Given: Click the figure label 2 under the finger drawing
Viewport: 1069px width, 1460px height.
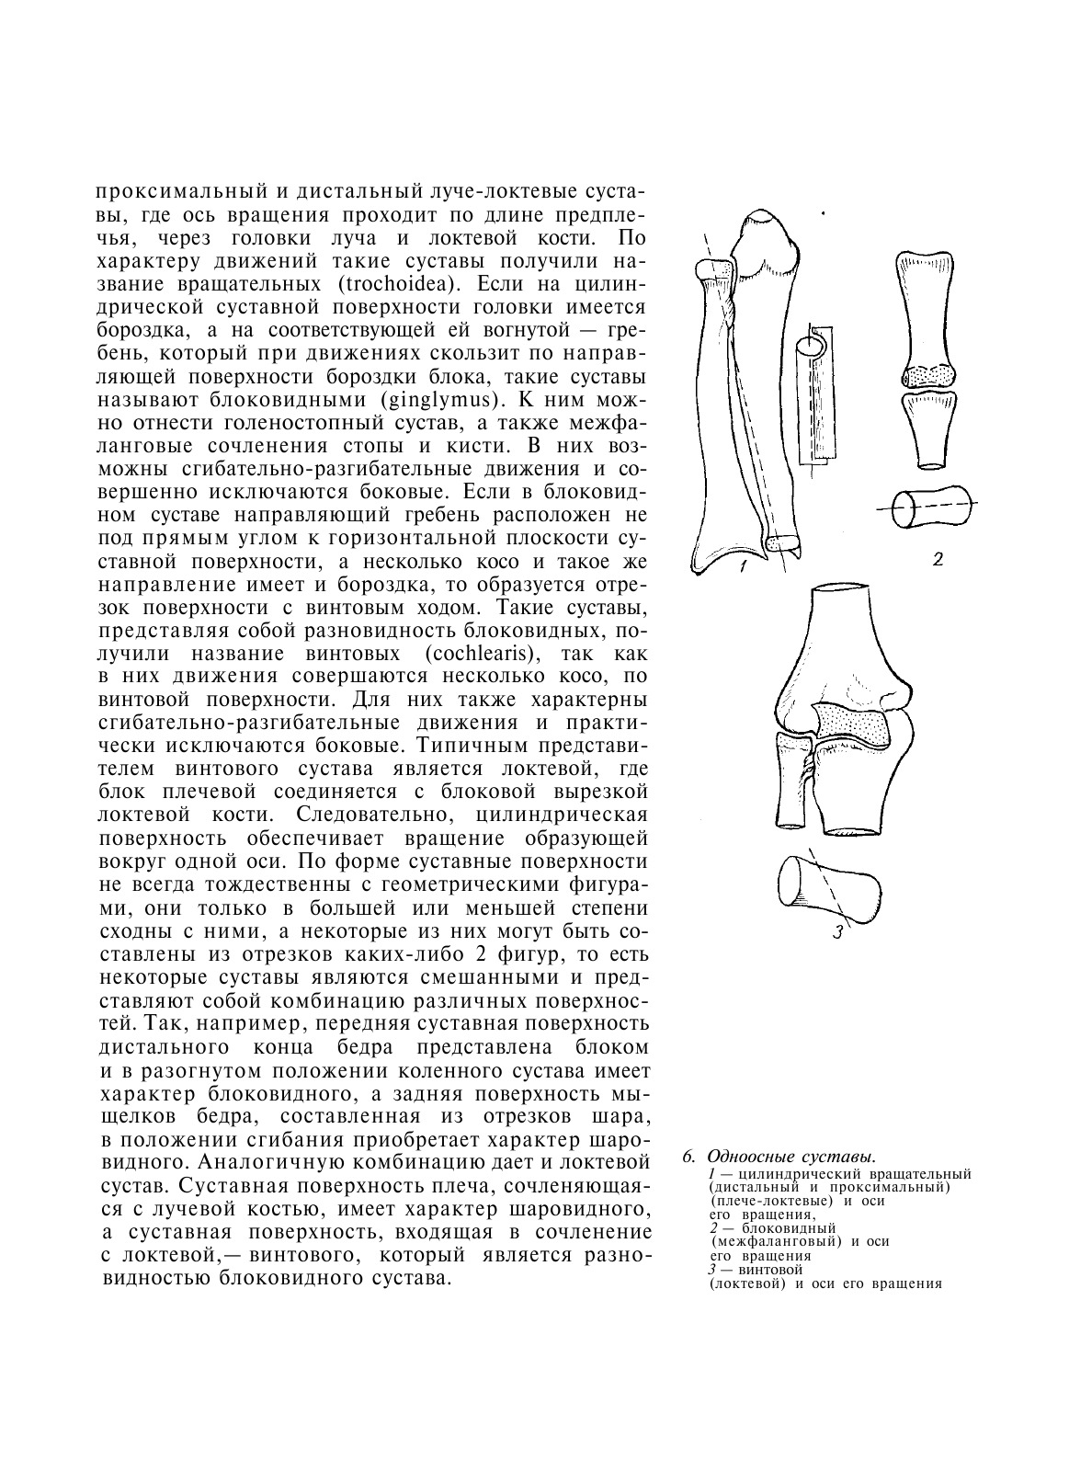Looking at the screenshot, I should pyautogui.click(x=938, y=559).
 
